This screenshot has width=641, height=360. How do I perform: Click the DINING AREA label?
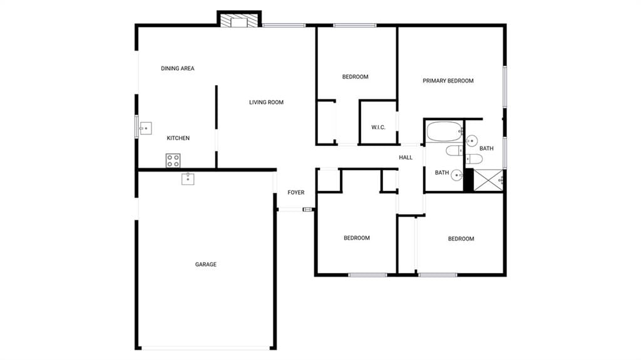[x=177, y=68]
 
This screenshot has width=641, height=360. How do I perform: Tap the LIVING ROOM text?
[x=266, y=102]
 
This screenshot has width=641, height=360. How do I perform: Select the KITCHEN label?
[x=178, y=138]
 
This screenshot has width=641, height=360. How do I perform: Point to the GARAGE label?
[x=205, y=265]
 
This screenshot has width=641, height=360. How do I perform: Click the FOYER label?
[x=296, y=193]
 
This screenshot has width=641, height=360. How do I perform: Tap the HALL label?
[x=406, y=158]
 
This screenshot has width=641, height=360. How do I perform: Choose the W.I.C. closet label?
[x=378, y=128]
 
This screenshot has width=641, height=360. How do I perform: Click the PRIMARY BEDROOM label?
[x=448, y=81]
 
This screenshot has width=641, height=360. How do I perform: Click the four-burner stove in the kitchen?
[x=173, y=161]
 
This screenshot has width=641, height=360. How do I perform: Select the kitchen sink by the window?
[x=145, y=128]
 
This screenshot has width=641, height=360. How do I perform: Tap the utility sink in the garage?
[x=188, y=179]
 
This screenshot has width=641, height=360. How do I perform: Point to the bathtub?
[x=444, y=131]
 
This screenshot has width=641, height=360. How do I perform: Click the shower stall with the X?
[x=488, y=180]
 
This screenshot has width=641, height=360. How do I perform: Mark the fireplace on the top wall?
[x=239, y=21]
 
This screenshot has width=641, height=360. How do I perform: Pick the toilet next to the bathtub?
[x=454, y=150]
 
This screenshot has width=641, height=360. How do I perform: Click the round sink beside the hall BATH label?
[x=456, y=175]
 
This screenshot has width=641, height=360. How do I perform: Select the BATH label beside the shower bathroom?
[x=486, y=148]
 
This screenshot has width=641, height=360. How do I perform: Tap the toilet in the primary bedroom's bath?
[x=474, y=159]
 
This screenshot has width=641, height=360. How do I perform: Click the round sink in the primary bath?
[x=471, y=141]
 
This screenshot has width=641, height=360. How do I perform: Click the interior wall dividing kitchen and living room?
[x=216, y=127]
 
